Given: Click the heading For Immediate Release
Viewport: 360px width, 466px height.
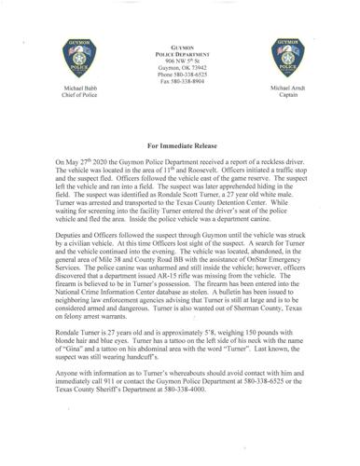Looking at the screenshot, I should click(x=180, y=147).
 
